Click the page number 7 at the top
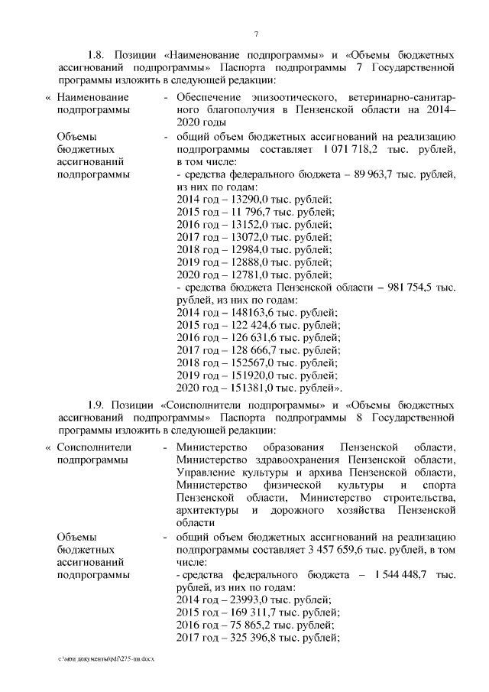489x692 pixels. point(256,32)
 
